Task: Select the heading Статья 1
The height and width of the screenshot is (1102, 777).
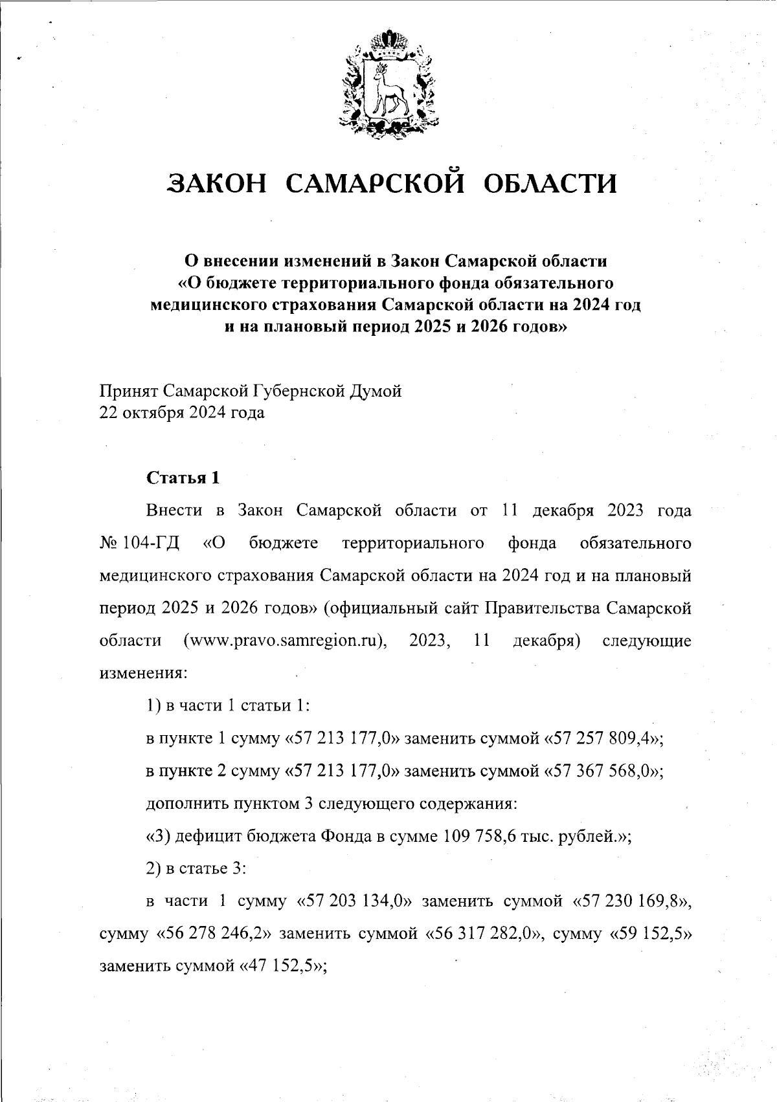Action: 183,478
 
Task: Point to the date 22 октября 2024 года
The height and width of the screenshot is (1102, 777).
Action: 181,412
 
